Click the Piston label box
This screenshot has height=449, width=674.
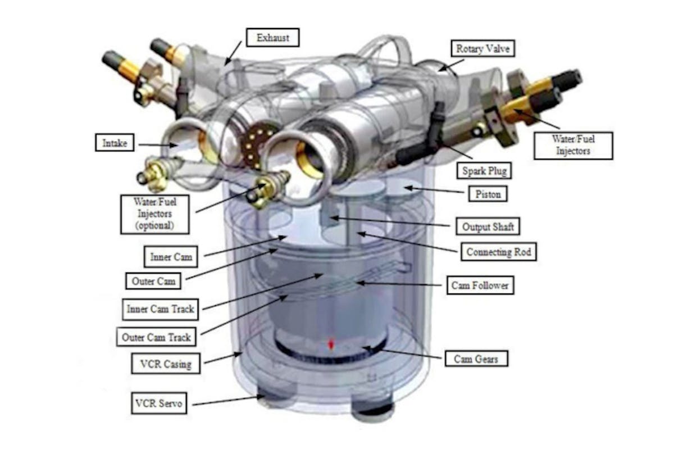pos(488,194)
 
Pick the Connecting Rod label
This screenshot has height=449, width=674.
pos(498,252)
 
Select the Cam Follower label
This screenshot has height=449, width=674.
pos(480,285)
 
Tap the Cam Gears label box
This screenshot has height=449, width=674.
pos(476,358)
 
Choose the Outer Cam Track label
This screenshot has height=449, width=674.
pos(156,338)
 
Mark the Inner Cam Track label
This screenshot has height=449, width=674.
pos(160,309)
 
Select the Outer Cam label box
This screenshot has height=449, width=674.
pos(154,280)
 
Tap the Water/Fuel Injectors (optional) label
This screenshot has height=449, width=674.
pos(153,214)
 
